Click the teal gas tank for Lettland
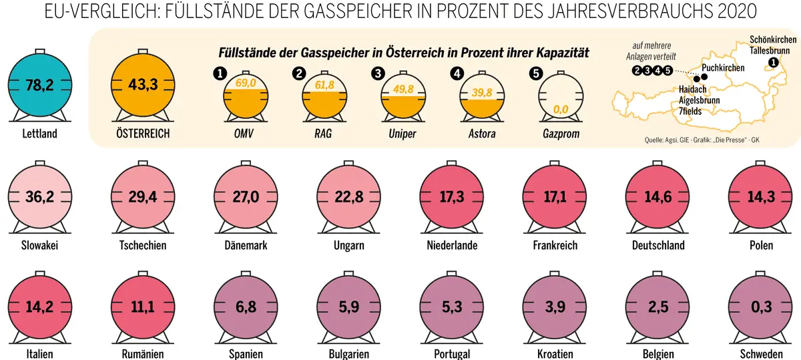(x=39, y=85)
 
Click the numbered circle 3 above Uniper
(x=378, y=73)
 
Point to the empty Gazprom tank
(x=560, y=97)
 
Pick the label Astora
(x=483, y=134)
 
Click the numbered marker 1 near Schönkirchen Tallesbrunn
(x=773, y=63)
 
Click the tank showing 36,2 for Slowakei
(x=39, y=198)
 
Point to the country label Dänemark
(x=246, y=246)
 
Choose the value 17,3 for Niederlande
(x=453, y=198)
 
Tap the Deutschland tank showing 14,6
(x=659, y=198)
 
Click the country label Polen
(x=761, y=246)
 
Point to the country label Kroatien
(x=556, y=354)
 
